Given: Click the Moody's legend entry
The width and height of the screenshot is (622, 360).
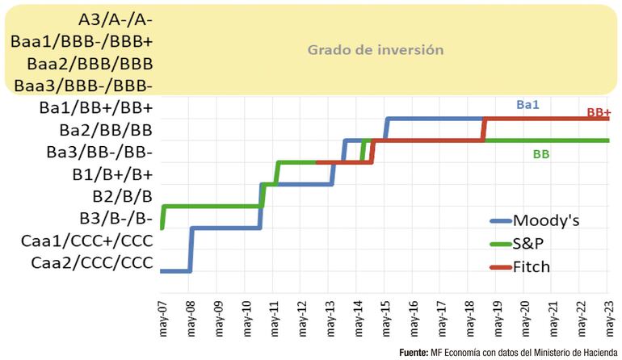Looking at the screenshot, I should tap(546, 220).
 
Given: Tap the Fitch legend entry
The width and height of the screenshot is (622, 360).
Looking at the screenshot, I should tap(532, 266).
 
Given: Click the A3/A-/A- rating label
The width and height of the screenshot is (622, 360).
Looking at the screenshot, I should tap(117, 19).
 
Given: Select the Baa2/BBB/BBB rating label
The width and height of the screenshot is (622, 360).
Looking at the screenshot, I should tap(90, 63).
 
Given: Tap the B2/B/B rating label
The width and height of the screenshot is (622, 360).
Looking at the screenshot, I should tap(122, 195).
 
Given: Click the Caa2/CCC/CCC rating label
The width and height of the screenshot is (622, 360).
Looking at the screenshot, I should tap(91, 262).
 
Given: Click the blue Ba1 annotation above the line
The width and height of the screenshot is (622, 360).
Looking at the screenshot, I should tap(528, 104).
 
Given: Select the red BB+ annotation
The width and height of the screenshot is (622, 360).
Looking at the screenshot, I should tap(599, 113).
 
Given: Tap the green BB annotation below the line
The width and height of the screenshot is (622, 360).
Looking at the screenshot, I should tap(541, 153).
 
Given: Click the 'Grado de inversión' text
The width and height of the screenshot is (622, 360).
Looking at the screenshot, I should tap(376, 49).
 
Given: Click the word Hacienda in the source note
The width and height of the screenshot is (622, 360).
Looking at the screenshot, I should tap(596, 353).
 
